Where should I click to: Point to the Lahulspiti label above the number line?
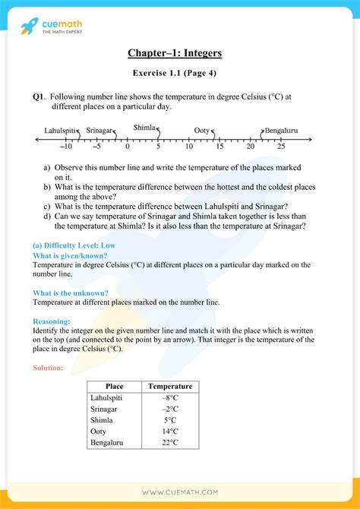(61, 131)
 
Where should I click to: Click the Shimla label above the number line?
(144, 128)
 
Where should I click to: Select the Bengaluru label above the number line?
(280, 131)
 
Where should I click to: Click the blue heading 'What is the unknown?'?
(70, 293)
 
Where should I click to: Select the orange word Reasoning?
(52, 321)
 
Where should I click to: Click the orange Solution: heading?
(49, 368)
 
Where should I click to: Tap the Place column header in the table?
(114, 387)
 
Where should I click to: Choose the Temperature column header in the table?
(170, 387)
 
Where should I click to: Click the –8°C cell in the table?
(169, 398)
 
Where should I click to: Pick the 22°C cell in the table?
(169, 442)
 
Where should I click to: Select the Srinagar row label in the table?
(106, 409)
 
